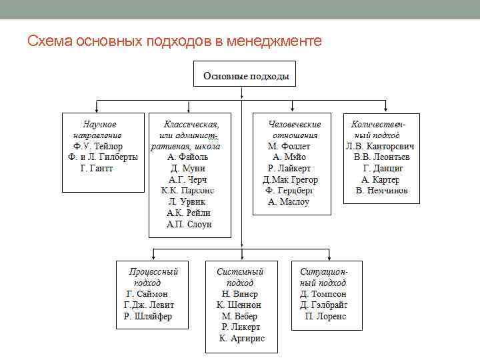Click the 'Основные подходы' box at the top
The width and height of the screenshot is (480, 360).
(245, 76)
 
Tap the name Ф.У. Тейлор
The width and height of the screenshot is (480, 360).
(98, 146)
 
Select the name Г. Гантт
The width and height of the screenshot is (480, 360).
(97, 169)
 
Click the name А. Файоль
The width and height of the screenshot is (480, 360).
(189, 157)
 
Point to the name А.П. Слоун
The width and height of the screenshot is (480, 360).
(189, 225)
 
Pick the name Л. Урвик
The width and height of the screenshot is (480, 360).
(189, 202)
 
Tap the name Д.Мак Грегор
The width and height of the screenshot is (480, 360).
(291, 180)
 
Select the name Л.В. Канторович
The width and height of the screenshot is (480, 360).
(381, 146)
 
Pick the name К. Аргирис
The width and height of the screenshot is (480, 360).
(242, 339)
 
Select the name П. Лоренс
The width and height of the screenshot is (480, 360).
(325, 316)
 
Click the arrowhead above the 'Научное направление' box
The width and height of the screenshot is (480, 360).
(98, 110)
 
